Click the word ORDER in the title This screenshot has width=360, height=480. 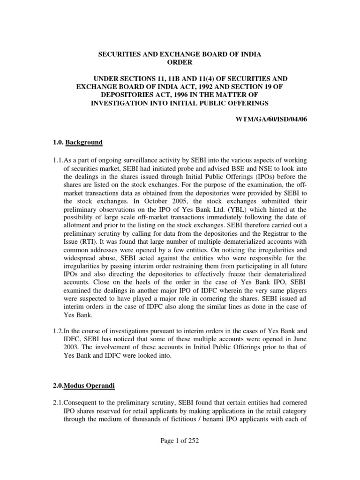coord(180,63)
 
